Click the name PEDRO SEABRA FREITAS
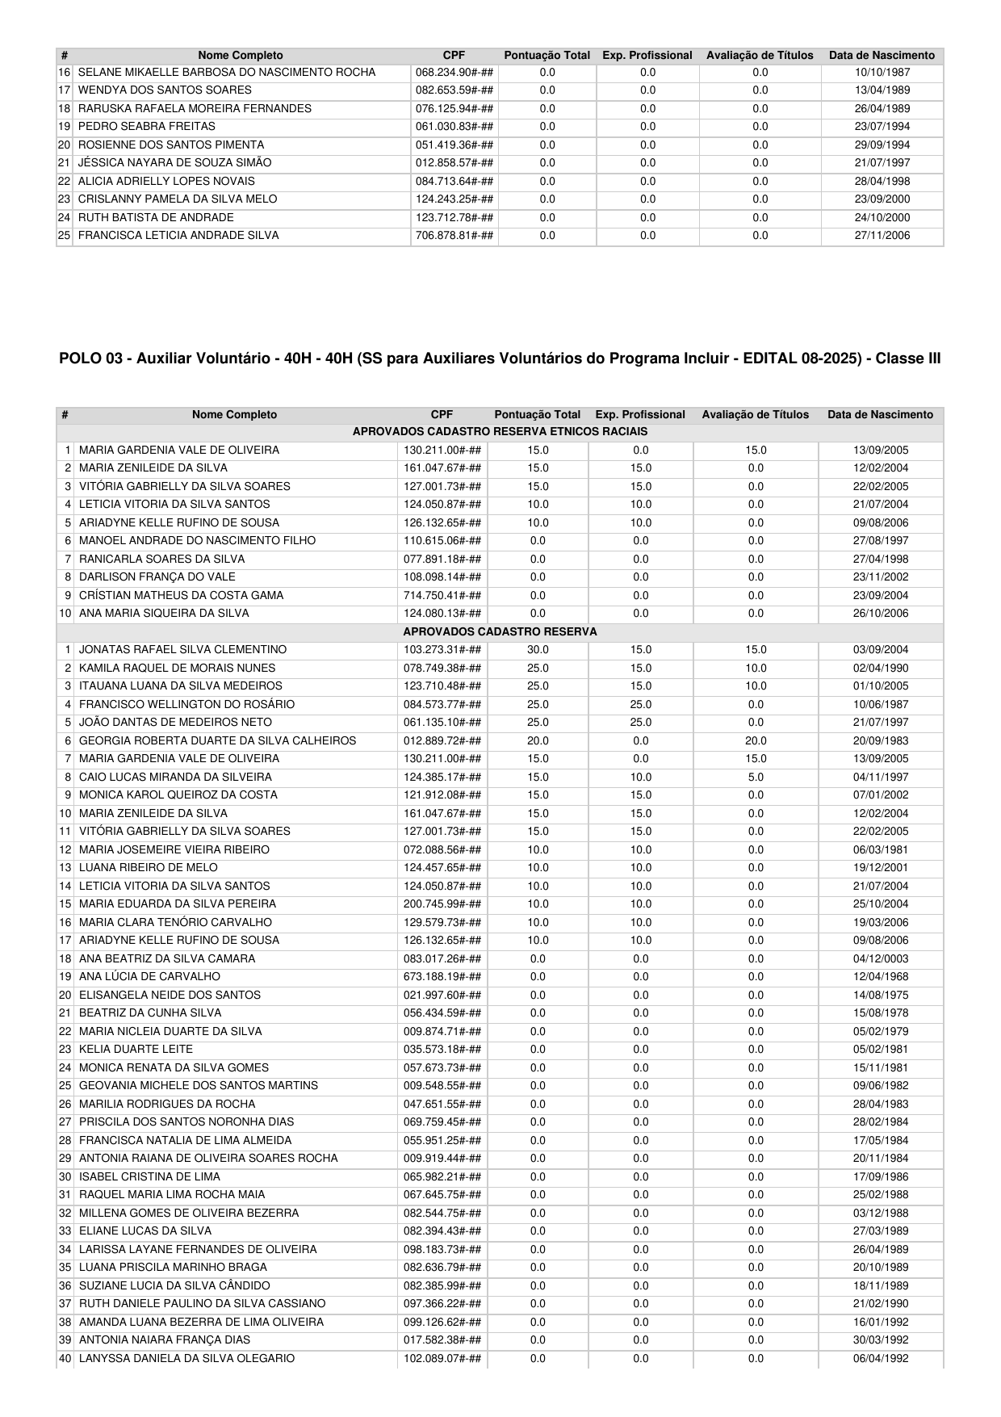147,127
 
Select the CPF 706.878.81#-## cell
454,236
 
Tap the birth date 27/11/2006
882,236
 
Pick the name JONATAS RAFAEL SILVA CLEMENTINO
182,650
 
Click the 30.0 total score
538,650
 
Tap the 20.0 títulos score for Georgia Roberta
756,740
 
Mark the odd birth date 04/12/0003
880,958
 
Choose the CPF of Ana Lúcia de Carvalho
442,977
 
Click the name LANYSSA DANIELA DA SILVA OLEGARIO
186,1358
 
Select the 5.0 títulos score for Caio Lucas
756,777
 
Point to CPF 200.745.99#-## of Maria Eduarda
442,904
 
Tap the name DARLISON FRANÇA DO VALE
157,577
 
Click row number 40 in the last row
65,1358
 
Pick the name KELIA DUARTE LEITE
136,1050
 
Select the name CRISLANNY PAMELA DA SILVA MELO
178,199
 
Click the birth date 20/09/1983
880,740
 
